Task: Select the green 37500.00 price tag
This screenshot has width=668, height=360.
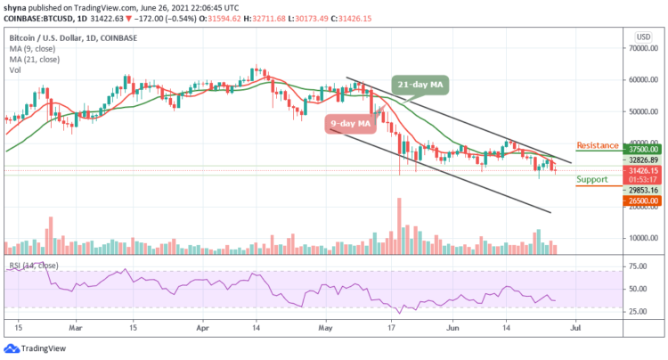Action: [641, 151]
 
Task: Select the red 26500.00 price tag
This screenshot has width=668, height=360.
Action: [641, 201]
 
